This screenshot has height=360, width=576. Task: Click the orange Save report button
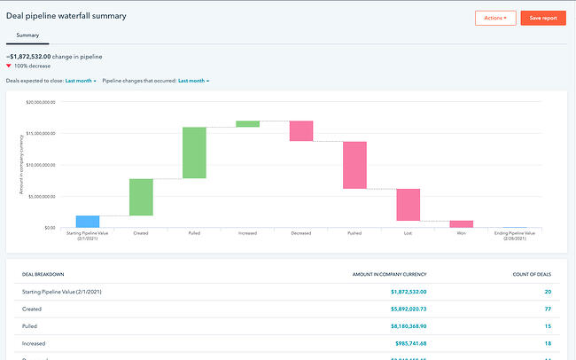click(543, 18)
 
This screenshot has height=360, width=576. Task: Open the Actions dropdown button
click(495, 18)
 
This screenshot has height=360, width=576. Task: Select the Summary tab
click(27, 35)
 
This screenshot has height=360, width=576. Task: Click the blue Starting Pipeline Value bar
click(88, 222)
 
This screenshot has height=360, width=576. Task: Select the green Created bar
click(141, 197)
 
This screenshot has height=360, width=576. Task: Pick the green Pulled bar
click(194, 153)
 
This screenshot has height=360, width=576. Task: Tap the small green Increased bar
click(248, 124)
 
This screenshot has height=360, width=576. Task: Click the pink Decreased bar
click(301, 131)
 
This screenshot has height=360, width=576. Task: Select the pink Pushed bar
click(354, 165)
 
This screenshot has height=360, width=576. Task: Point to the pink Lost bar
click(408, 205)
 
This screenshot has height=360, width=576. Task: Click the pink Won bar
click(461, 224)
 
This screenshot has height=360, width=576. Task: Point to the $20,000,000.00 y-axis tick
click(40, 102)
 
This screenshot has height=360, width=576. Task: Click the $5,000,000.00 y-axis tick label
click(41, 196)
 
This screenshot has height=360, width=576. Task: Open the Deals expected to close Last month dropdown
click(81, 81)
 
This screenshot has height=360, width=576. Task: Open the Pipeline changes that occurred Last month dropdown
click(193, 81)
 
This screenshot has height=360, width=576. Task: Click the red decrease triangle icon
click(9, 67)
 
